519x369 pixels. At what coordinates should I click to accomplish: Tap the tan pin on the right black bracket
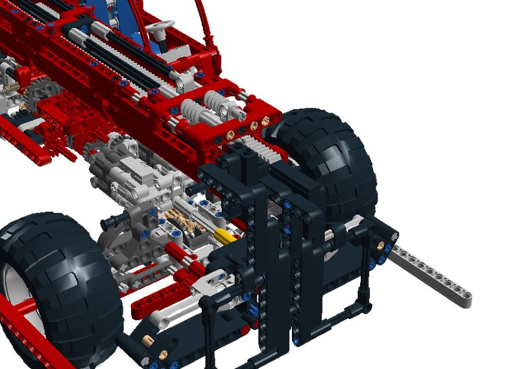[381, 248]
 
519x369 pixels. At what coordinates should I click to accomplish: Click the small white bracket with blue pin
[211, 281]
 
